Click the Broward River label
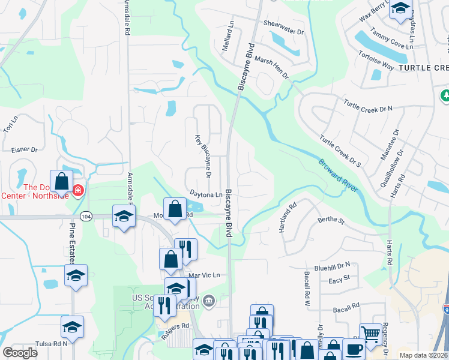[x=338, y=175]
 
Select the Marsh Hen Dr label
[x=272, y=67]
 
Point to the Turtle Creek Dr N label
[x=368, y=106]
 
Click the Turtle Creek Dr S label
[x=340, y=151]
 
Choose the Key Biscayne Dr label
[x=202, y=156]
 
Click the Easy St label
[x=339, y=281]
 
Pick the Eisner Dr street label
[x=25, y=149]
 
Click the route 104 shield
[x=87, y=216]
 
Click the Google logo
[x=20, y=353]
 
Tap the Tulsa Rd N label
[x=51, y=344]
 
